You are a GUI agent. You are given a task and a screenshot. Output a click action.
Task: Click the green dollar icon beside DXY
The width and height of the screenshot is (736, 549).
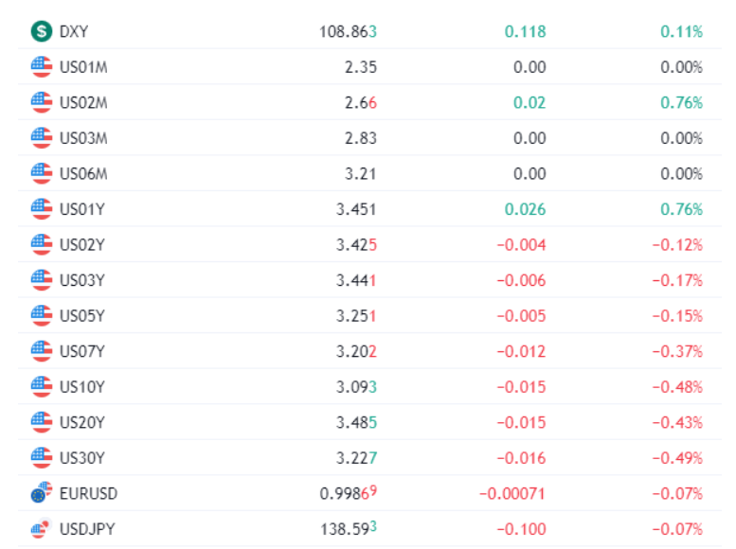pyautogui.click(x=42, y=31)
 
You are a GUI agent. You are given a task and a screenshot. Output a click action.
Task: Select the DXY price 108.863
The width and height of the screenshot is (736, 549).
pyautogui.click(x=348, y=32)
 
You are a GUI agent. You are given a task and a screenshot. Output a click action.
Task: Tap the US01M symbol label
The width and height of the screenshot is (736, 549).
pyautogui.click(x=83, y=67)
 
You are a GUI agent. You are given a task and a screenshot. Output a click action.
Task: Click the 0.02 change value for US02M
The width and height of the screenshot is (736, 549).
pyautogui.click(x=530, y=103)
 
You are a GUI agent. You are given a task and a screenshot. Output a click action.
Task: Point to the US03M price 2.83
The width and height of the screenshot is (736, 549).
pyautogui.click(x=361, y=138)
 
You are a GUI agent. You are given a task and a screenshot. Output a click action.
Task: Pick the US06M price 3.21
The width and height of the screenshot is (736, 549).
pyautogui.click(x=361, y=173)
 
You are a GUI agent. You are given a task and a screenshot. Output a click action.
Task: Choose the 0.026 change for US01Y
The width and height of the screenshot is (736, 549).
pyautogui.click(x=526, y=209)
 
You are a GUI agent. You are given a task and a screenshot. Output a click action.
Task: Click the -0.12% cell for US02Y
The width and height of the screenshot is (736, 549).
pyautogui.click(x=677, y=245)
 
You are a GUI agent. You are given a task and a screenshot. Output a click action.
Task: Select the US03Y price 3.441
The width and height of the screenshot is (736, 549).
pyautogui.click(x=356, y=280)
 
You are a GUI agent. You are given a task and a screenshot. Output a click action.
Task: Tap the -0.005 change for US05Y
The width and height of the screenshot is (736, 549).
pyautogui.click(x=522, y=316)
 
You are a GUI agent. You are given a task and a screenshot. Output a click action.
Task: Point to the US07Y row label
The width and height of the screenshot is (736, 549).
pyautogui.click(x=82, y=351)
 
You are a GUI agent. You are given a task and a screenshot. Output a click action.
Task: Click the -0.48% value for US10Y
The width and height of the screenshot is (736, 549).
pyautogui.click(x=677, y=387)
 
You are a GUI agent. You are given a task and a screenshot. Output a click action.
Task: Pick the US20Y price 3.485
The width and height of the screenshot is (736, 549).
pyautogui.click(x=356, y=423)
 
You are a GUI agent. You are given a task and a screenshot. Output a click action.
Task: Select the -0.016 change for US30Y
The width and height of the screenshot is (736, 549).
pyautogui.click(x=522, y=458)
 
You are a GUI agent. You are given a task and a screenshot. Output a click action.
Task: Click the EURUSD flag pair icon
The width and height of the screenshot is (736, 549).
pyautogui.click(x=42, y=492)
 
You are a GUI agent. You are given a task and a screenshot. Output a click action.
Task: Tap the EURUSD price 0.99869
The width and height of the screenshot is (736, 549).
pyautogui.click(x=348, y=493)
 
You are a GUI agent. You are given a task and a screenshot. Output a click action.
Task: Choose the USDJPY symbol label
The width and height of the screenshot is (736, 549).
pyautogui.click(x=87, y=529)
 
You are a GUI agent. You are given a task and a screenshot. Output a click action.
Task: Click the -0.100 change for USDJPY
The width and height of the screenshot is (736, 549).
pyautogui.click(x=522, y=529)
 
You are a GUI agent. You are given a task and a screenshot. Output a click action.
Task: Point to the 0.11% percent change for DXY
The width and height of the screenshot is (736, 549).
pyautogui.click(x=682, y=32)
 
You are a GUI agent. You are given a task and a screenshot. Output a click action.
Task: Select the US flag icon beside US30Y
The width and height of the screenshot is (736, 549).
pyautogui.click(x=42, y=457)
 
